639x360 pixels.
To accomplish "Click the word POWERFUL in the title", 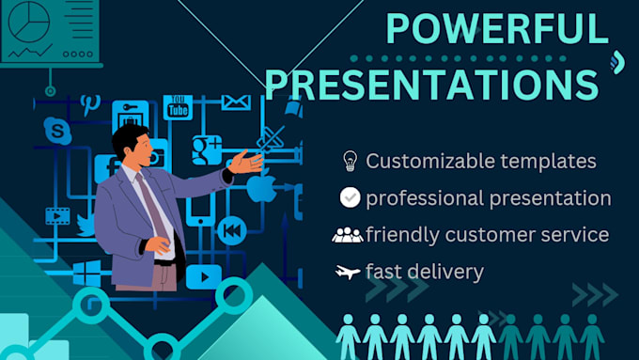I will pos(497,29).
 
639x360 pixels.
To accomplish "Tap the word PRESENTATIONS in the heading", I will pos(431,84).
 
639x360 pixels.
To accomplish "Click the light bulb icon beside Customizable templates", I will pos(350,161).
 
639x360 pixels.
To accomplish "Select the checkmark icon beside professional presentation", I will pos(350,198).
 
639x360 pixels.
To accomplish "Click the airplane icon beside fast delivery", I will pos(348,273).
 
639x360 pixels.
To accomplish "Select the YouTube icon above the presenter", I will pos(178,107).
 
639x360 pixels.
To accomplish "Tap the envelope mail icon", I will pos(236,102).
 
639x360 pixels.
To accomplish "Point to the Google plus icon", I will pos(206,149).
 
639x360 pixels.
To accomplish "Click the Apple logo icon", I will pos(260,187).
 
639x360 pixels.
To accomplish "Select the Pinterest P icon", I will pos(90,102).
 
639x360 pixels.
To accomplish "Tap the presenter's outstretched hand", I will pos(246,162).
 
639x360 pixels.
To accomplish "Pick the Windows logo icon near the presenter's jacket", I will pos(87,273).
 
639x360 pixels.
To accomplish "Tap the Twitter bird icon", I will pos(86,225).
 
